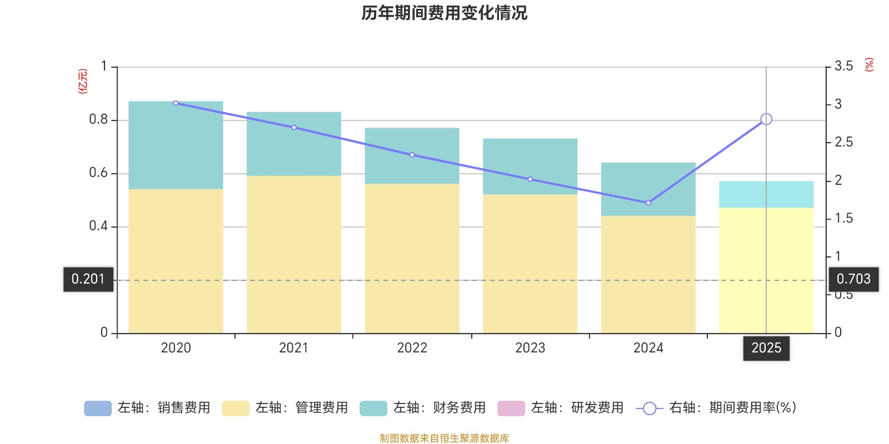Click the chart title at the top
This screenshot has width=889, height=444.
pos(444,13)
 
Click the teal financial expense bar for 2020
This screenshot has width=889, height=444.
pos(176,145)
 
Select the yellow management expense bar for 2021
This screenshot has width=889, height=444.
pos(293,254)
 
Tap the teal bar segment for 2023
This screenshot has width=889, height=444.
pos(530,166)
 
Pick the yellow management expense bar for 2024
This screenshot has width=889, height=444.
pos(648,274)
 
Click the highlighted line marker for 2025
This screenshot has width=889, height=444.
pos(766,119)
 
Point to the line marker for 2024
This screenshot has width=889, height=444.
pos(648,203)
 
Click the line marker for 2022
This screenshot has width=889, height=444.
pos(412,155)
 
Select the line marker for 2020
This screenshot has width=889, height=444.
pos(176,103)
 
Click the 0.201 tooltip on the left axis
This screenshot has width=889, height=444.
pos(88,279)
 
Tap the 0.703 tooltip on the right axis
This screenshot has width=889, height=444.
pos(853,279)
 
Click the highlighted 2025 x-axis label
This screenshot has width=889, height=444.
pos(766,348)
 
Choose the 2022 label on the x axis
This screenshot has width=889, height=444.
pos(412,348)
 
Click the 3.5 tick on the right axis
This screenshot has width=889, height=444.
pos(843,67)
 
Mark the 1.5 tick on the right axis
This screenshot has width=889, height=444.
pos(843,219)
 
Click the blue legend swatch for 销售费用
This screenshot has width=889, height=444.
pos(98,408)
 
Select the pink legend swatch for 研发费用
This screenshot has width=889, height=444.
pos(511,408)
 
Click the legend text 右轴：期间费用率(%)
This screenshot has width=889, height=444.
pos(732,408)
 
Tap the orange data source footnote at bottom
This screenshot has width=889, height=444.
pos(444,438)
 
